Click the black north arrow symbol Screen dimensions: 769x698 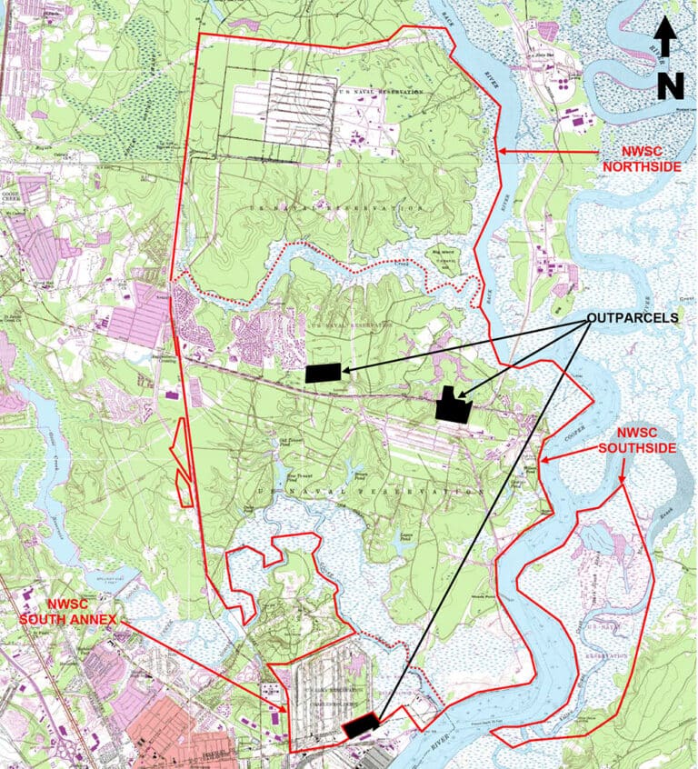click(x=665, y=41)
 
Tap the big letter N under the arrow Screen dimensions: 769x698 click(x=670, y=85)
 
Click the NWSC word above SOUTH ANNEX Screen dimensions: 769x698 click(x=46, y=604)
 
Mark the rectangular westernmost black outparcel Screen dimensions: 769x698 click(x=324, y=372)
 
